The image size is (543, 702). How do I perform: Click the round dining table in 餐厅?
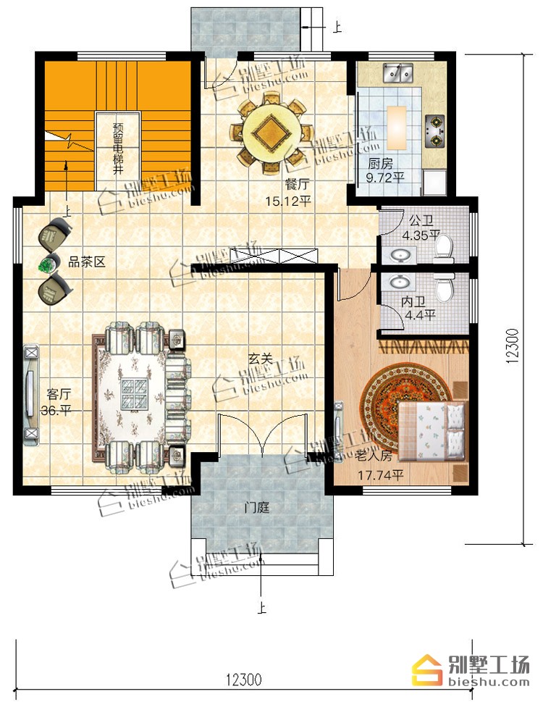(x=270, y=133)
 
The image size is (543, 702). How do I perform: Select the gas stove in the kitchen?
(x=434, y=130)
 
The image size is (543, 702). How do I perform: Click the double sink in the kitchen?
(x=397, y=73)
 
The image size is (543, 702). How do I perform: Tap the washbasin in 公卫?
(x=400, y=256)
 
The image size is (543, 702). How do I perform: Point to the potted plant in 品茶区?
(x=46, y=264)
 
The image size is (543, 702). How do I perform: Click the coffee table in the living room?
(x=135, y=394)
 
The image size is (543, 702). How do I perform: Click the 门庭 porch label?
(x=257, y=508)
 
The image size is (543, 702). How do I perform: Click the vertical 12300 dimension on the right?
(x=513, y=345)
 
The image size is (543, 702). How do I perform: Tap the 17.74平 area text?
(x=381, y=475)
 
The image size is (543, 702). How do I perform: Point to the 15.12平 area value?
(x=288, y=201)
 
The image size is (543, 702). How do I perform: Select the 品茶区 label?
(x=87, y=262)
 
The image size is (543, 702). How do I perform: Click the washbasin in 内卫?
(x=401, y=282)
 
